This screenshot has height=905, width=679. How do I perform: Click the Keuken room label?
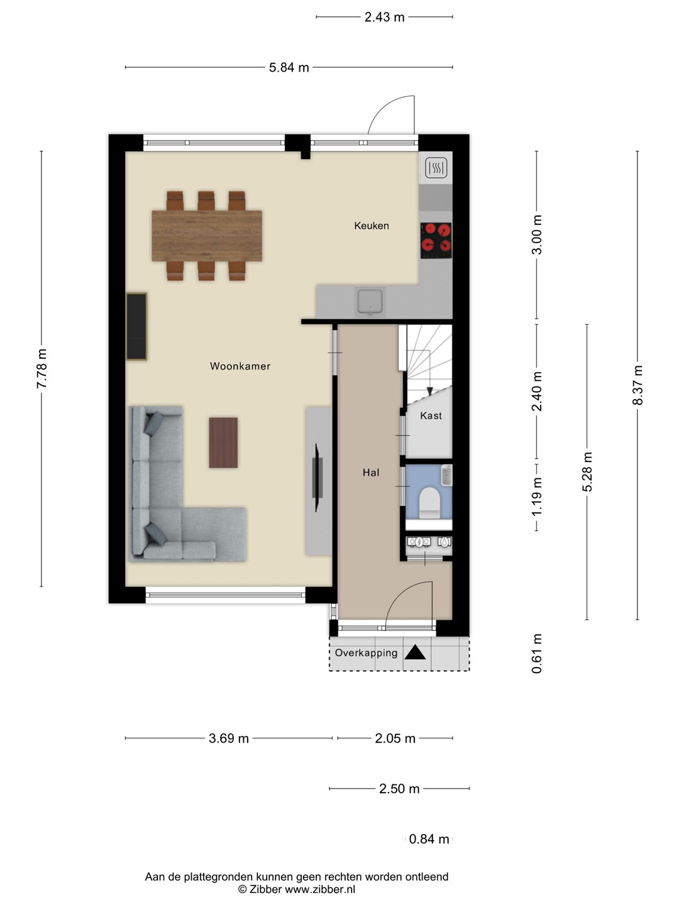coord(372,226)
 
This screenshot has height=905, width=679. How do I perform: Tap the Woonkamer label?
coord(240,366)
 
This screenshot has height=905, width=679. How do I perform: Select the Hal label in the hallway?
coord(371,473)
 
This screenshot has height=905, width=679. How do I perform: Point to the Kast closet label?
coord(431,415)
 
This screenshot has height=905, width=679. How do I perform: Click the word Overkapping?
coord(366,653)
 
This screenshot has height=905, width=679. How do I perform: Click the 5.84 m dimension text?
coord(289,67)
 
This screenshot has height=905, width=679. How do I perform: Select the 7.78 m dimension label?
coord(41,368)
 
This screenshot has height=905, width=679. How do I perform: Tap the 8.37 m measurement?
coord(638,385)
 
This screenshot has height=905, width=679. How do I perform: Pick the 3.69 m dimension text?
coord(229,738)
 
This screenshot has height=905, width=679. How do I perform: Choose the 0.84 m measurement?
coord(429,838)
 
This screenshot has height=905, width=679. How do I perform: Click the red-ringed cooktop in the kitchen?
coord(436,240)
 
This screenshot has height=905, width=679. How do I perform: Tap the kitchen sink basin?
coord(371,302)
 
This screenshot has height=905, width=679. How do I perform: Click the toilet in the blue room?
coord(429,503)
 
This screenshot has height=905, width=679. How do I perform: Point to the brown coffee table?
coord(223,442)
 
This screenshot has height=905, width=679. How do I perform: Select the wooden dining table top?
coord(207,236)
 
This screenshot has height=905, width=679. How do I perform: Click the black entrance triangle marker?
coord(415,653)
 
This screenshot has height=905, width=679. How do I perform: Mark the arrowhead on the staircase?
coord(430,391)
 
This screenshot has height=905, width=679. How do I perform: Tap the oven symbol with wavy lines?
coord(436,168)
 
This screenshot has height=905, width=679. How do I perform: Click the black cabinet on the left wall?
coord(136,327)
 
